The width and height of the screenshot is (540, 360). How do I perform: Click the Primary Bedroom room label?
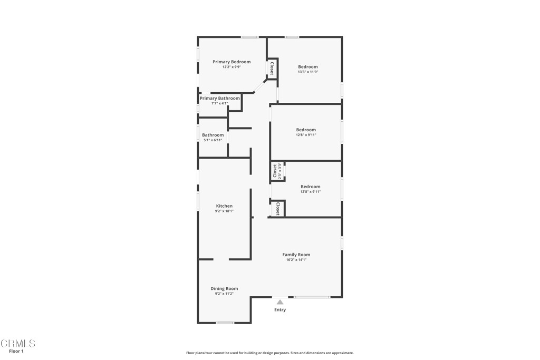[x=232, y=62]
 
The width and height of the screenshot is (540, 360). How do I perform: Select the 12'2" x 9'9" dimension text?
[x=232, y=67]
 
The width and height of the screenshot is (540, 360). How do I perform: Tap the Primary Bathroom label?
[x=219, y=98]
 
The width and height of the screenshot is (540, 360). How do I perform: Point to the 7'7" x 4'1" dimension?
[x=219, y=103]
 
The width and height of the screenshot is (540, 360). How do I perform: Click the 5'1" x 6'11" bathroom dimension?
[x=213, y=140]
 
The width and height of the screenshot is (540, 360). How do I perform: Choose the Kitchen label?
[x=224, y=206]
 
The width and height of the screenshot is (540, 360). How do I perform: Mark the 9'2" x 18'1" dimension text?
[x=224, y=211]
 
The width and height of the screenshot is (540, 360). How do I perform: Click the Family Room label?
[x=296, y=255]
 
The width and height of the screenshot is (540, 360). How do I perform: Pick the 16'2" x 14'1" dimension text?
[x=296, y=260]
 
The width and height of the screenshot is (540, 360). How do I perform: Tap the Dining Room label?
[x=224, y=288]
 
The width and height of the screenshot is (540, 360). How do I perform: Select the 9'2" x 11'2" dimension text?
[x=224, y=294]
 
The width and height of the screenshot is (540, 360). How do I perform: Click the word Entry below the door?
[x=280, y=310]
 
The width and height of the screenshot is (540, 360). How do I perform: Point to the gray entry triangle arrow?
[x=280, y=302]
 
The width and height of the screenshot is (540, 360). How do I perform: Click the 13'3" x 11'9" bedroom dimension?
[x=308, y=72]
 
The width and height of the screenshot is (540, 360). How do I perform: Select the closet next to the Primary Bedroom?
[x=272, y=69]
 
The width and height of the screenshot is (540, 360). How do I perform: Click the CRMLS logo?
[x=18, y=344]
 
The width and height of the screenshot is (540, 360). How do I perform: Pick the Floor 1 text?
[x=16, y=351]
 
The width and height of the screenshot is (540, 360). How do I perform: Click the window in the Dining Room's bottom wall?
[x=225, y=323]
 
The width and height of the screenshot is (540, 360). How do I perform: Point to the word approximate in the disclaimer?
[x=342, y=353]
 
